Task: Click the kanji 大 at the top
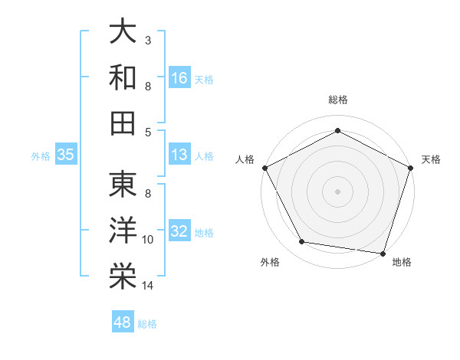(x=123, y=31)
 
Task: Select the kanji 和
(x=123, y=77)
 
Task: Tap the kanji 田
(x=123, y=123)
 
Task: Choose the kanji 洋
(x=123, y=231)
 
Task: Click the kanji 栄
(x=123, y=277)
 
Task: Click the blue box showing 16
(x=179, y=77)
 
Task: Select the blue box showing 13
(x=179, y=155)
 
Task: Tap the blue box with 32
(x=179, y=231)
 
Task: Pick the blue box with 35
(x=66, y=155)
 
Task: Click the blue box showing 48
(x=123, y=322)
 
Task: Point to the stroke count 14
(x=148, y=286)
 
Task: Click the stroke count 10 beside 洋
(x=148, y=240)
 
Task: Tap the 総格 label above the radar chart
(x=338, y=100)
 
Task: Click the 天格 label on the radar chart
(x=431, y=159)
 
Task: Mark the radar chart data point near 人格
(x=265, y=167)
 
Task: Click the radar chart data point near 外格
(x=302, y=242)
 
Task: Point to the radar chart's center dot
(x=338, y=191)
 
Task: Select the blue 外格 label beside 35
(x=40, y=155)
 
